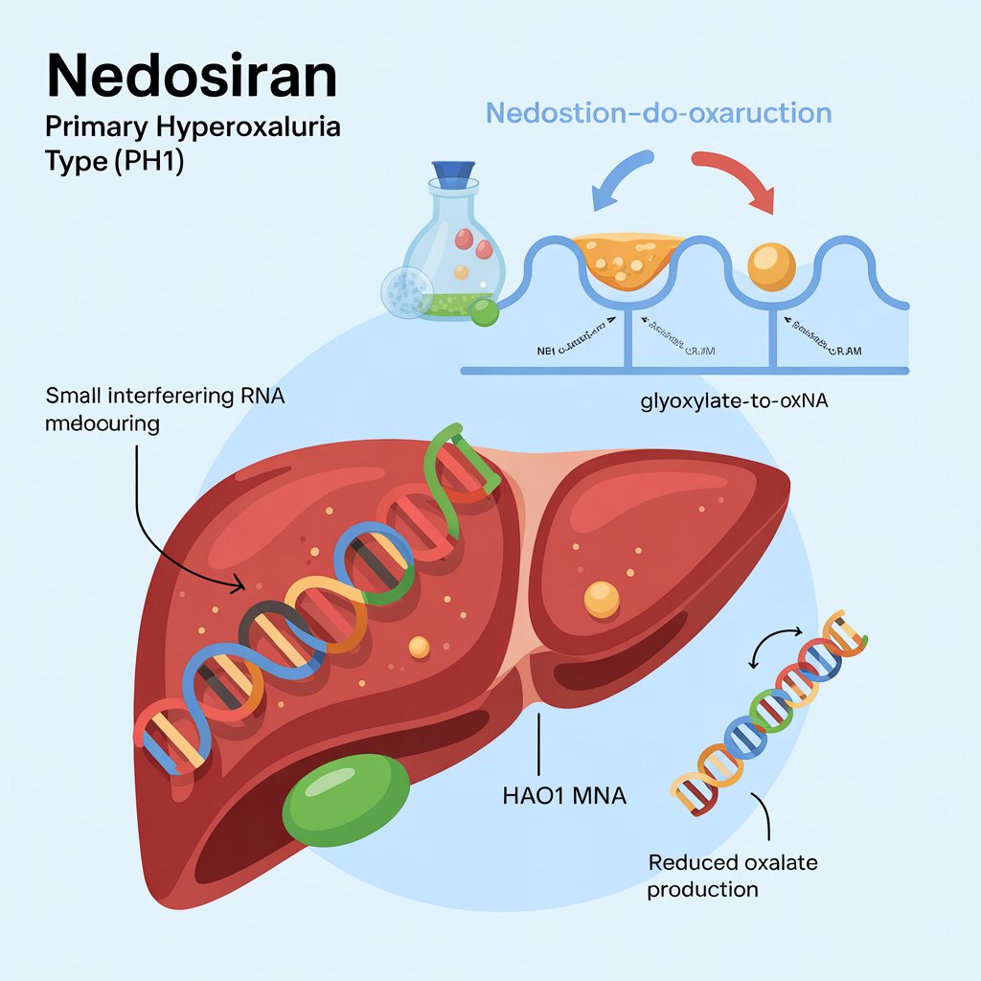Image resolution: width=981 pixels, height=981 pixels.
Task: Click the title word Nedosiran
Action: [x=192, y=76]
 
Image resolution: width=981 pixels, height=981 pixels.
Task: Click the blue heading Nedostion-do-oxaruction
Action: [x=658, y=113]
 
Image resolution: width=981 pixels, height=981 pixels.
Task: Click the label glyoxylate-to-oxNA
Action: [x=734, y=402]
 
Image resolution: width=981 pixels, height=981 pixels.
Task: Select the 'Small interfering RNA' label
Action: [x=165, y=396]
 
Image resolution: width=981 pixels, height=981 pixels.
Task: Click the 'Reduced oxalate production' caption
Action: [x=733, y=876]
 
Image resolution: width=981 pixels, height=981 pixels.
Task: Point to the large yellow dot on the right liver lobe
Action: [x=602, y=599]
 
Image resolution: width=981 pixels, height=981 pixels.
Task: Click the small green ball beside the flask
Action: [x=487, y=311]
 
